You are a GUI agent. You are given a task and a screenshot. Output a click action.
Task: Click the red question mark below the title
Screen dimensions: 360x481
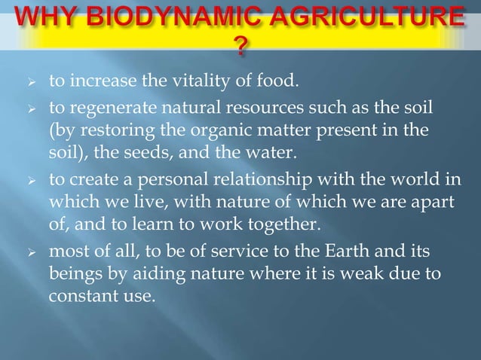pyautogui.click(x=240, y=50)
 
